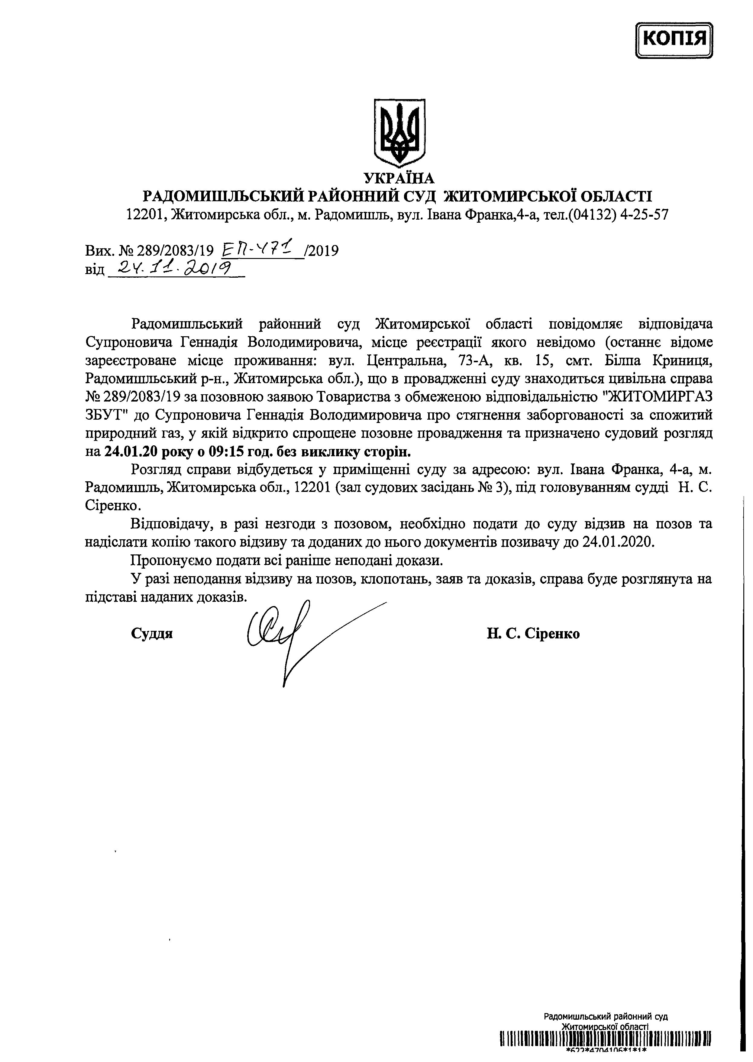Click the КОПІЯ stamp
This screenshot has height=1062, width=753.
coord(675,39)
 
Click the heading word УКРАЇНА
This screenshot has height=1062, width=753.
coord(399,178)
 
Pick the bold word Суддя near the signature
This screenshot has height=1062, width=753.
coord(152,634)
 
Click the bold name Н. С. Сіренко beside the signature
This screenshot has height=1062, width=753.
coord(533,634)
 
